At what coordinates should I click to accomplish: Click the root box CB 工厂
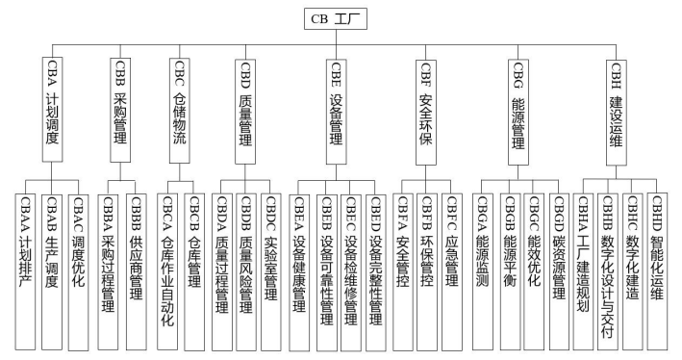coord(341,18)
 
